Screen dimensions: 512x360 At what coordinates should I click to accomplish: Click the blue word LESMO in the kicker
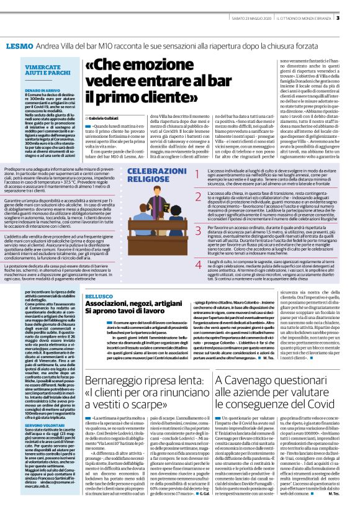click(x=19, y=47)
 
